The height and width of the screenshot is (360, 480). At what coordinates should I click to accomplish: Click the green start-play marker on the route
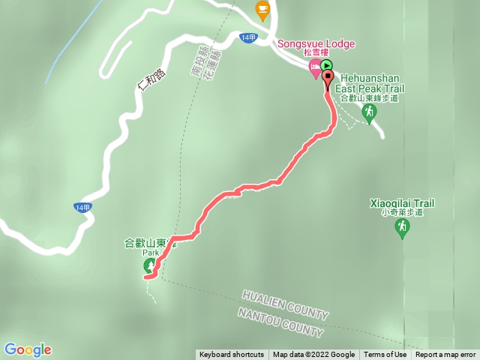(x=326, y=66)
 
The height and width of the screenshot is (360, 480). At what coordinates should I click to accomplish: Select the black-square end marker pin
(x=328, y=78)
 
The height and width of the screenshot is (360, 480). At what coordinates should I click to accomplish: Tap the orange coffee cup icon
(x=262, y=9)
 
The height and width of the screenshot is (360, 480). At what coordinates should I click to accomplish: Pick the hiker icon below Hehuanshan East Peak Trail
(x=368, y=113)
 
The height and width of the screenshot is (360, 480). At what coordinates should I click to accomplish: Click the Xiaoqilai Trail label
(x=402, y=203)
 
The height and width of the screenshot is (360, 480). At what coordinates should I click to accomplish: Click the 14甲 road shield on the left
(x=82, y=207)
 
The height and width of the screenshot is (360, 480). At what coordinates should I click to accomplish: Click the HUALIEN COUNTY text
(x=286, y=304)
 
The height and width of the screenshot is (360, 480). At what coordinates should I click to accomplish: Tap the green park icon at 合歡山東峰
(x=149, y=266)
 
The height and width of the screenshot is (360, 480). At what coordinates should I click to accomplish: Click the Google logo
(x=28, y=349)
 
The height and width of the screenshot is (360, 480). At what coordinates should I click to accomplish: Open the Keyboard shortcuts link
(x=231, y=355)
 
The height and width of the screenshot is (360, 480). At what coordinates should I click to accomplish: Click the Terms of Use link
(x=385, y=355)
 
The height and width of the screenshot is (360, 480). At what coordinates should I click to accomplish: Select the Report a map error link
(x=445, y=355)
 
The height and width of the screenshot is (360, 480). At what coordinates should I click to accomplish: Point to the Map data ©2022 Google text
(x=313, y=355)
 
